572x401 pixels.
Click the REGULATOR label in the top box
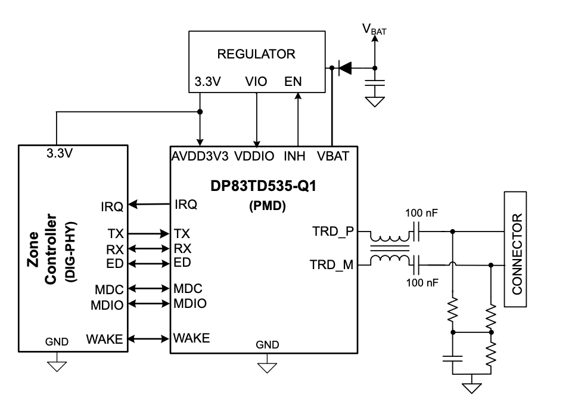point(256,54)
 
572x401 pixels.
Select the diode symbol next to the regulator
point(345,68)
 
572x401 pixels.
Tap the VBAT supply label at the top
point(374,29)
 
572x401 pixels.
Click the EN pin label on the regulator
point(293,81)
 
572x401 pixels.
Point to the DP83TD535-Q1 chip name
point(263,186)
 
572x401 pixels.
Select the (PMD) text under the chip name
point(268,206)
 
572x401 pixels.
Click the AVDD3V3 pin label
point(200,156)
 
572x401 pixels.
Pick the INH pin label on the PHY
point(294,156)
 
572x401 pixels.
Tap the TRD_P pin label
point(333,232)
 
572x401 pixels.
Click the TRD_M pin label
point(332,264)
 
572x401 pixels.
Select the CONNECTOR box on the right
point(515,249)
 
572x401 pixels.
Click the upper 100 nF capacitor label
point(421,213)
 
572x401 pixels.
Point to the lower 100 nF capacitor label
point(422,282)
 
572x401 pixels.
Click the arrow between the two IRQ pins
point(149,204)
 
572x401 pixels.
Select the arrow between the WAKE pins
point(149,339)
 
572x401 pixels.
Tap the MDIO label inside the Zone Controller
point(107,305)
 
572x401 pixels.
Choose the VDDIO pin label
point(254,156)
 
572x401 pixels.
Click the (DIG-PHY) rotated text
point(70,252)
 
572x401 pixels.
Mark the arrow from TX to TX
point(149,233)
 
